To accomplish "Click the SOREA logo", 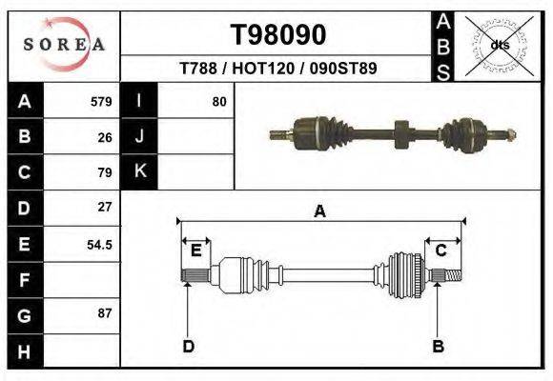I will click(64, 44).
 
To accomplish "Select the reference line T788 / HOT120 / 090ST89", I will click(278, 69).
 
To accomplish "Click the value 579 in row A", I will click(101, 102).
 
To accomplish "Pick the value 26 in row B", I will click(105, 137).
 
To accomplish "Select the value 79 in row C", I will click(105, 172).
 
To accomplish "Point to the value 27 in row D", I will click(105, 207).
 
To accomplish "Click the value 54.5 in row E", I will click(100, 244).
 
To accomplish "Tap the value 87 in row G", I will click(105, 313).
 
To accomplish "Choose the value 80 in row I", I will click(219, 102).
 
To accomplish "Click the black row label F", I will click(24, 281).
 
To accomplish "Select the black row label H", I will click(24, 351).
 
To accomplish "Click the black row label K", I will click(140, 171).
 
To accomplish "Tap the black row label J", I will click(140, 136).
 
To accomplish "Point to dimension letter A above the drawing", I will click(320, 211).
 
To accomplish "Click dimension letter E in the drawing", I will click(195, 251).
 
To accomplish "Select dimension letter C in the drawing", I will click(441, 251).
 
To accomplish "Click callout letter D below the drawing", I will click(188, 346).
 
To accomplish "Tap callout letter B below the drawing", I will click(439, 346).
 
